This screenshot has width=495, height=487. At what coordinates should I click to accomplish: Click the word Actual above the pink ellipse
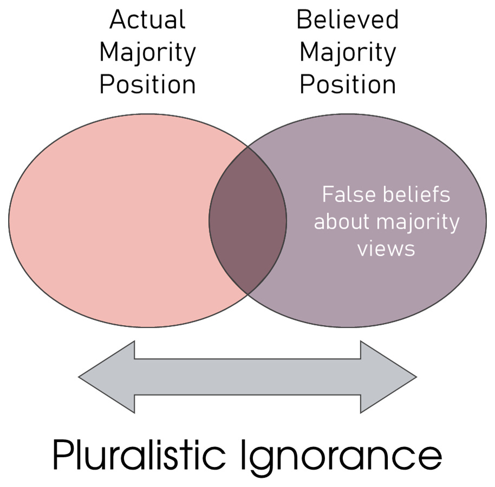tap(147, 20)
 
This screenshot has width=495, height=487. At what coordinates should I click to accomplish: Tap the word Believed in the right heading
tap(347, 20)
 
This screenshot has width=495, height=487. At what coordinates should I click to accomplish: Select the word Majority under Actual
tap(147, 52)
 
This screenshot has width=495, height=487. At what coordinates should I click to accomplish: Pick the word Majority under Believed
tap(347, 52)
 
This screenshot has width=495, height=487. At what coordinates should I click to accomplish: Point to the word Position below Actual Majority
tap(147, 85)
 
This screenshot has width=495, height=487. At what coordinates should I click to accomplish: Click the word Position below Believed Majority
tap(347, 85)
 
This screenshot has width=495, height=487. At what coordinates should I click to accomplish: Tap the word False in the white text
tap(346, 194)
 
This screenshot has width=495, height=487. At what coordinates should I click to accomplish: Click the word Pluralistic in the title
tap(135, 456)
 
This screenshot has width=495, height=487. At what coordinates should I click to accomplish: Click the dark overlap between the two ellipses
tap(248, 219)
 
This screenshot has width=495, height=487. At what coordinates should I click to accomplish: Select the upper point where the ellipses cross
tap(248, 146)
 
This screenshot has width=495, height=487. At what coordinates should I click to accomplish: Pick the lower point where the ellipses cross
tap(248, 293)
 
